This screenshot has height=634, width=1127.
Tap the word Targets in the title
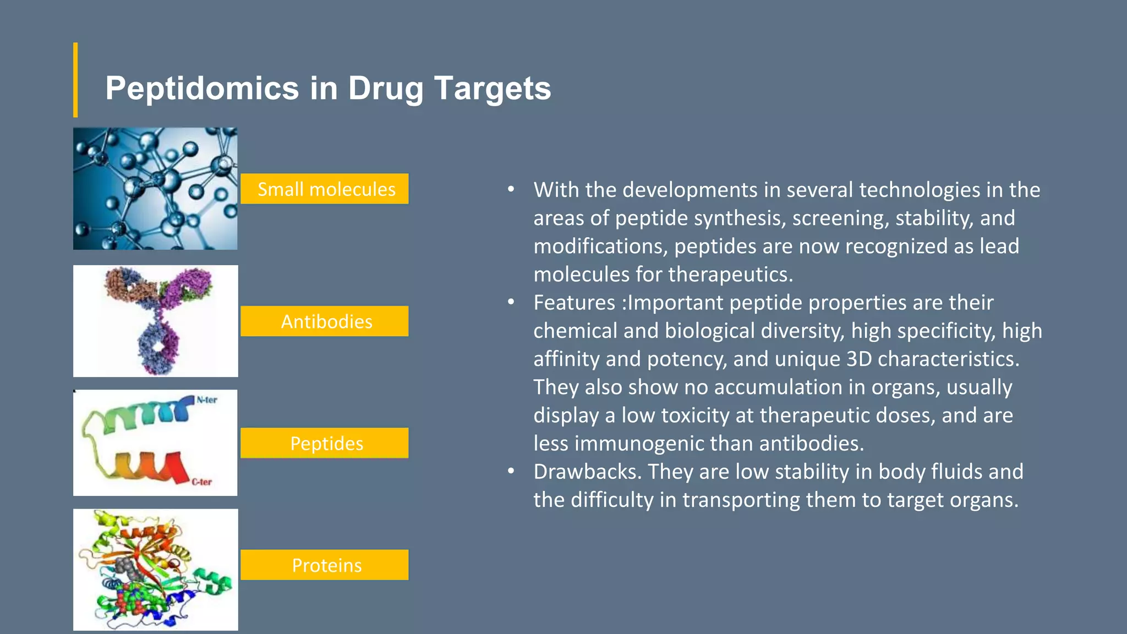tap(493, 89)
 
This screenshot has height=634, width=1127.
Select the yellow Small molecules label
tap(325, 189)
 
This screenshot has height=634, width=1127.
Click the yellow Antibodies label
tap(325, 321)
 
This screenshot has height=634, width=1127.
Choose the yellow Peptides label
tap(325, 444)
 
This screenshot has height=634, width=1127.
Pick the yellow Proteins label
tap(325, 565)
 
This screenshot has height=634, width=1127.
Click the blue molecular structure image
tap(155, 189)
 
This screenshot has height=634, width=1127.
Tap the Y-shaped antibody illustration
tap(157, 321)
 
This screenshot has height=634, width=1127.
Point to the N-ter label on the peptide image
tap(207, 400)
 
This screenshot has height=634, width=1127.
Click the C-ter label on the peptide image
tap(201, 482)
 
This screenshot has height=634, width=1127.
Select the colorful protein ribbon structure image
tap(155, 570)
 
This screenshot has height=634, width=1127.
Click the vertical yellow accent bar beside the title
tap(75, 80)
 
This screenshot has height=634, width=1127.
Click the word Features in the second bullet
tap(574, 303)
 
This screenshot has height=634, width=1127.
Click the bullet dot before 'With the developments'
tap(511, 190)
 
